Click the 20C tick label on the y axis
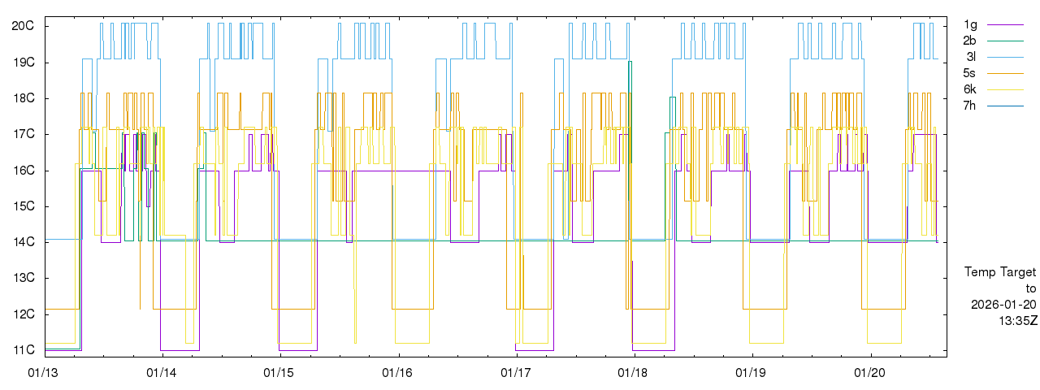pyautogui.click(x=22, y=26)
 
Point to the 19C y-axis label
pyautogui.click(x=22, y=63)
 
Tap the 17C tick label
pyautogui.click(x=22, y=134)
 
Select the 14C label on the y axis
pyautogui.click(x=22, y=242)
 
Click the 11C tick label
pyautogui.click(x=22, y=350)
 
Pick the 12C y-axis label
pyautogui.click(x=22, y=314)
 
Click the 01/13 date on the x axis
pyautogui.click(x=43, y=373)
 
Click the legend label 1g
pyautogui.click(x=970, y=24)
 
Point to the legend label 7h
pyautogui.click(x=970, y=106)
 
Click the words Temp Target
pyautogui.click(x=1000, y=272)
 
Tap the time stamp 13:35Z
pyautogui.click(x=1017, y=321)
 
